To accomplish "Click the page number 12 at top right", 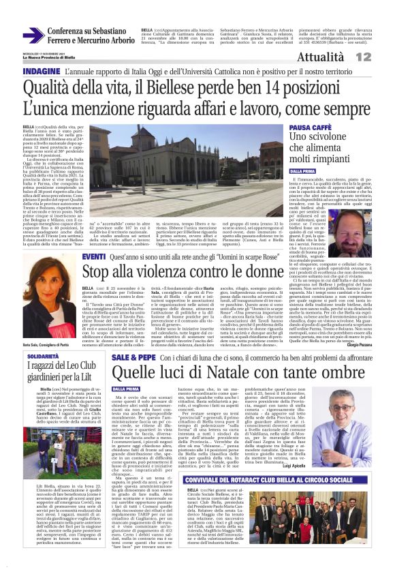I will click(x=381, y=57).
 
